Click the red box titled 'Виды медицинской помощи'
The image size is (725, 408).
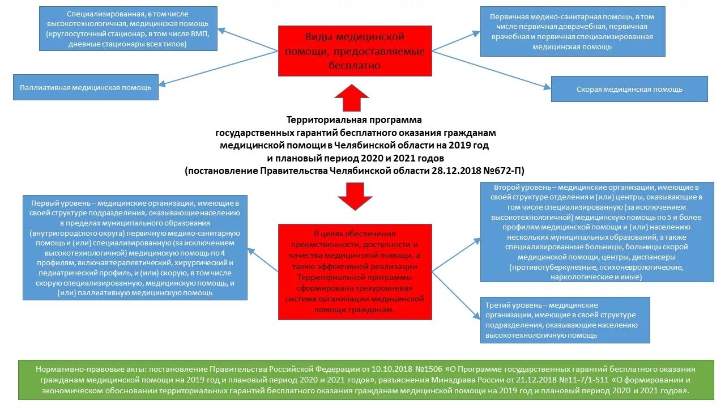355,51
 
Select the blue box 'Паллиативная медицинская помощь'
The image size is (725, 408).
86,88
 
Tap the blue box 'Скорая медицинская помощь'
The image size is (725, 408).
629,89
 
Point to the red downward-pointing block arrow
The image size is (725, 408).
355,196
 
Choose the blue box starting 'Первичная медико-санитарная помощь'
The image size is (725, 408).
573,31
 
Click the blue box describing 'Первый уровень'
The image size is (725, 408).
135,247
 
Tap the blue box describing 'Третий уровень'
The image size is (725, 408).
565,320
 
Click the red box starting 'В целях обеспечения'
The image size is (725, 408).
355,272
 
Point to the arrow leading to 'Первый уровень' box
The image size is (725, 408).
263,261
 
